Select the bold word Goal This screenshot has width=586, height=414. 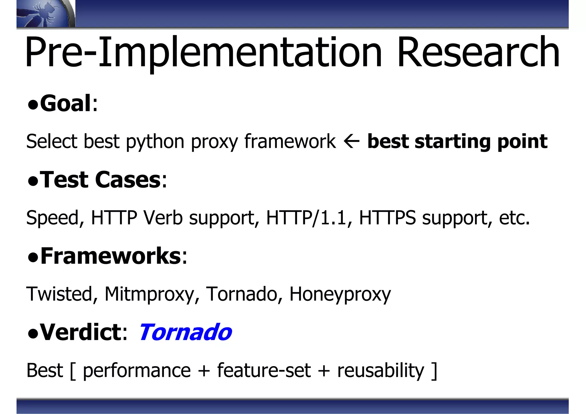click(x=66, y=103)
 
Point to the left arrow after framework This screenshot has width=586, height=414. click(x=351, y=141)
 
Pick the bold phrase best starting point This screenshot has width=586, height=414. click(x=457, y=141)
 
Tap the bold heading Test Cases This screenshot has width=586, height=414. click(x=100, y=180)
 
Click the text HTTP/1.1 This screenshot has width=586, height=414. click(x=306, y=218)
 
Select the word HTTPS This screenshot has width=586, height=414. click(x=387, y=218)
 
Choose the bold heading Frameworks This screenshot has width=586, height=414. click(x=110, y=256)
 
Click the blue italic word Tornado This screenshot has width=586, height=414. click(x=185, y=332)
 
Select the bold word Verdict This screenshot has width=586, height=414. click(x=81, y=332)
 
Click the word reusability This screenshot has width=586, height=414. click(x=381, y=371)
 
